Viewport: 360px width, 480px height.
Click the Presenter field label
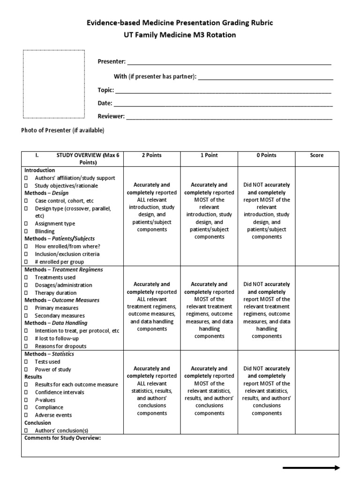(111, 62)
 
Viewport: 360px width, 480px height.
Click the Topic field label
(105, 90)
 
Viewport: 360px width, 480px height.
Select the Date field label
(105, 103)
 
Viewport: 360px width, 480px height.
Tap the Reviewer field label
(111, 117)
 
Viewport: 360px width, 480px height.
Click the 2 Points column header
(151, 155)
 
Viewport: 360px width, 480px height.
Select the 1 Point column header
(209, 155)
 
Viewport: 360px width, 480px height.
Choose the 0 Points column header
(267, 155)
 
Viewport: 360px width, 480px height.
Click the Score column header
(317, 155)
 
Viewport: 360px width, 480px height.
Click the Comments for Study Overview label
(63, 438)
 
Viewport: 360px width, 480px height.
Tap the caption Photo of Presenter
(63, 130)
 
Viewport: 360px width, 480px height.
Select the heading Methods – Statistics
(49, 354)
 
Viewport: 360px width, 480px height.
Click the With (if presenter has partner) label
(155, 76)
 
